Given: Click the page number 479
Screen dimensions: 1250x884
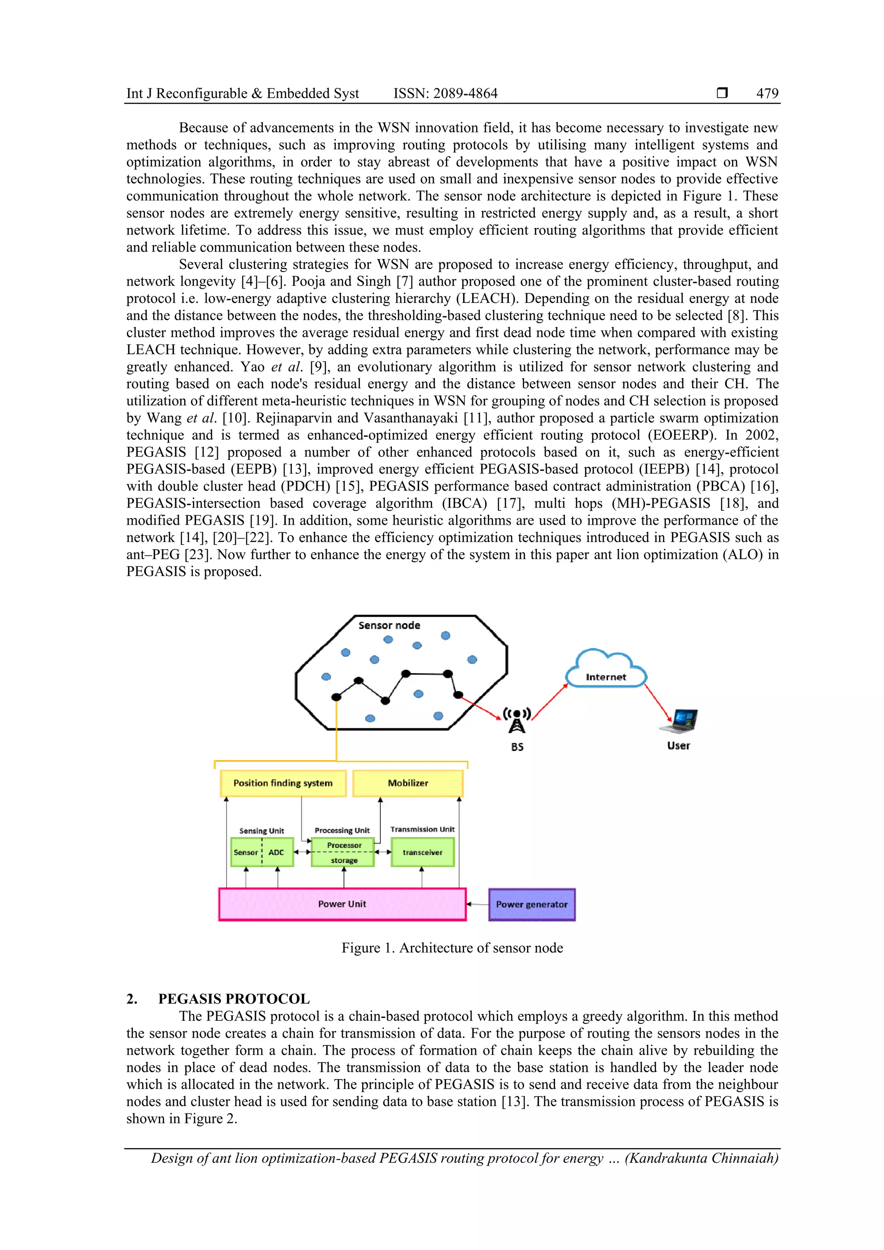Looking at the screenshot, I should click(767, 94).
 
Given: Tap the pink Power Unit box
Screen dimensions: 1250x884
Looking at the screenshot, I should click(342, 904).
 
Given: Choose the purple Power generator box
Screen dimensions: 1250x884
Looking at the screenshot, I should click(532, 904).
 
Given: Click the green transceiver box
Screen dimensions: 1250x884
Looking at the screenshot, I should click(422, 853).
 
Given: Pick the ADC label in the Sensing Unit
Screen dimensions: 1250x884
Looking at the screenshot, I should click(276, 853).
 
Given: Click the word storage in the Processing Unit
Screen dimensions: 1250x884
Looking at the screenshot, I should click(344, 861).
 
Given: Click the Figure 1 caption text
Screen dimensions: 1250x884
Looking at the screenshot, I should click(452, 948).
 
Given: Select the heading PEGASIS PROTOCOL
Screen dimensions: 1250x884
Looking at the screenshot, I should click(234, 999).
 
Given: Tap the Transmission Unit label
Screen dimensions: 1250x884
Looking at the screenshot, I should click(422, 829).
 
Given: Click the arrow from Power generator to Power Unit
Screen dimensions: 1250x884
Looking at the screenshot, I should click(478, 904).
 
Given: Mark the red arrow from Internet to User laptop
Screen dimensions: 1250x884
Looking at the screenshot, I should click(658, 703).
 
